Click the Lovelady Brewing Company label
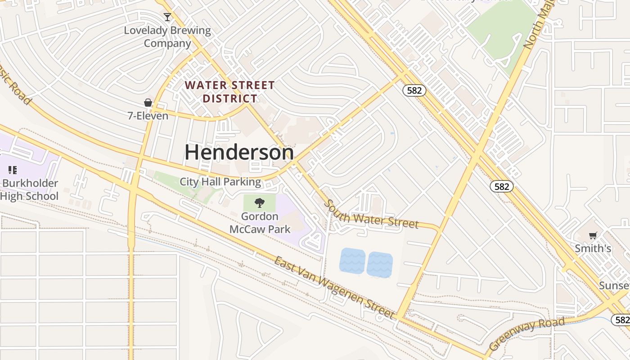(x=167, y=37)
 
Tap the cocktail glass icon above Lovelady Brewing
(x=167, y=17)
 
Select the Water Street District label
(x=229, y=92)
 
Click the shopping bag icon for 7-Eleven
(x=148, y=103)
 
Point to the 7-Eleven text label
(x=148, y=116)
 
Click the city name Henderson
(x=239, y=153)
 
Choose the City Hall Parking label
(x=220, y=182)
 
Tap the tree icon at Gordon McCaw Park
(x=260, y=203)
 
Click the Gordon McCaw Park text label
(x=260, y=223)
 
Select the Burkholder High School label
(x=30, y=189)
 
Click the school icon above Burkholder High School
(x=13, y=170)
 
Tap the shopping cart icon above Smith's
(x=593, y=236)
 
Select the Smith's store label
(x=593, y=248)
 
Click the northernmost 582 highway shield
(x=414, y=90)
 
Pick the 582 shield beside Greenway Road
(x=621, y=319)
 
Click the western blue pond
(x=352, y=261)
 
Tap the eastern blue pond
(x=380, y=265)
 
